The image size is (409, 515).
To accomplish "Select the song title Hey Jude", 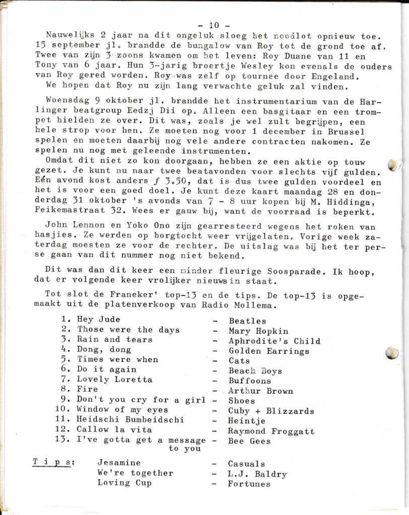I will click(99, 320).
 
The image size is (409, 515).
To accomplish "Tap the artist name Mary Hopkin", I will click(258, 331).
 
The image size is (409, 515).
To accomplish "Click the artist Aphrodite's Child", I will click(274, 341).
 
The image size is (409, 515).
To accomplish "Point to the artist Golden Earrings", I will click(269, 351).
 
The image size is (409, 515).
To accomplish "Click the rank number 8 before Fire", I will click(64, 390).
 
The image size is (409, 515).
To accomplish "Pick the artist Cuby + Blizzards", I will click(271, 411).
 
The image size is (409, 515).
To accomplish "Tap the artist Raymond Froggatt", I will click(271, 431).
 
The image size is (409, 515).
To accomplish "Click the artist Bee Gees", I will click(249, 441).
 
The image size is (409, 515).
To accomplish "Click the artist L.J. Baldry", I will click(257, 474).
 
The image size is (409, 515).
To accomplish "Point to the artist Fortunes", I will click(249, 484).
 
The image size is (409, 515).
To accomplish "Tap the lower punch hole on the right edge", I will click(392, 353).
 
